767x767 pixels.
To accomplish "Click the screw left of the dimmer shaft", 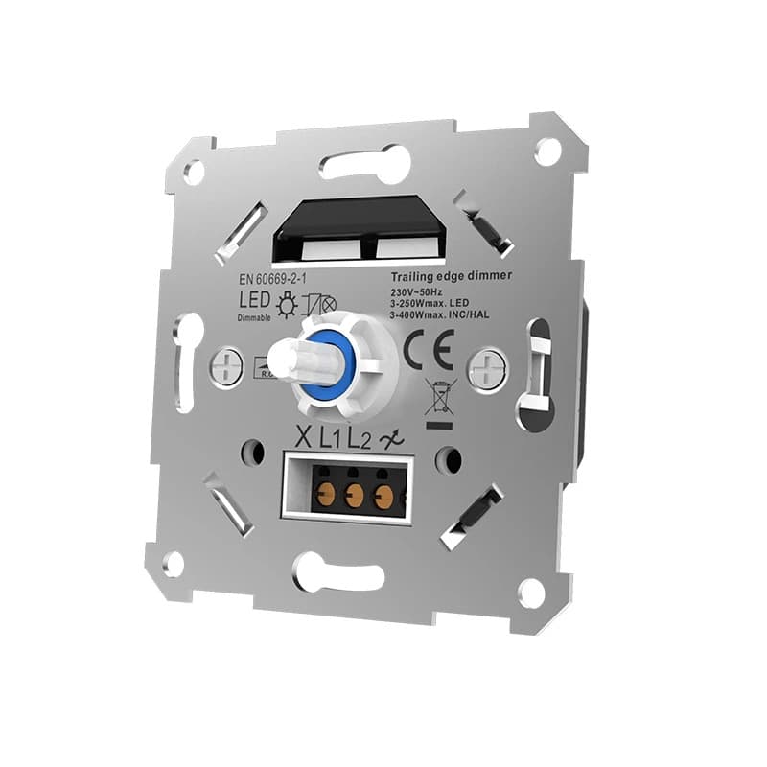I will point(225,364).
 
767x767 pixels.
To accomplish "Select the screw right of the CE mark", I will point(487,366).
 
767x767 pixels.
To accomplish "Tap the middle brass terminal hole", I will point(355,496).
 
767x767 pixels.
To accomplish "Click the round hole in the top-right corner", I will point(547,150).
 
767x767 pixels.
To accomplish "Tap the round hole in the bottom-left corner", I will point(173,563).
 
